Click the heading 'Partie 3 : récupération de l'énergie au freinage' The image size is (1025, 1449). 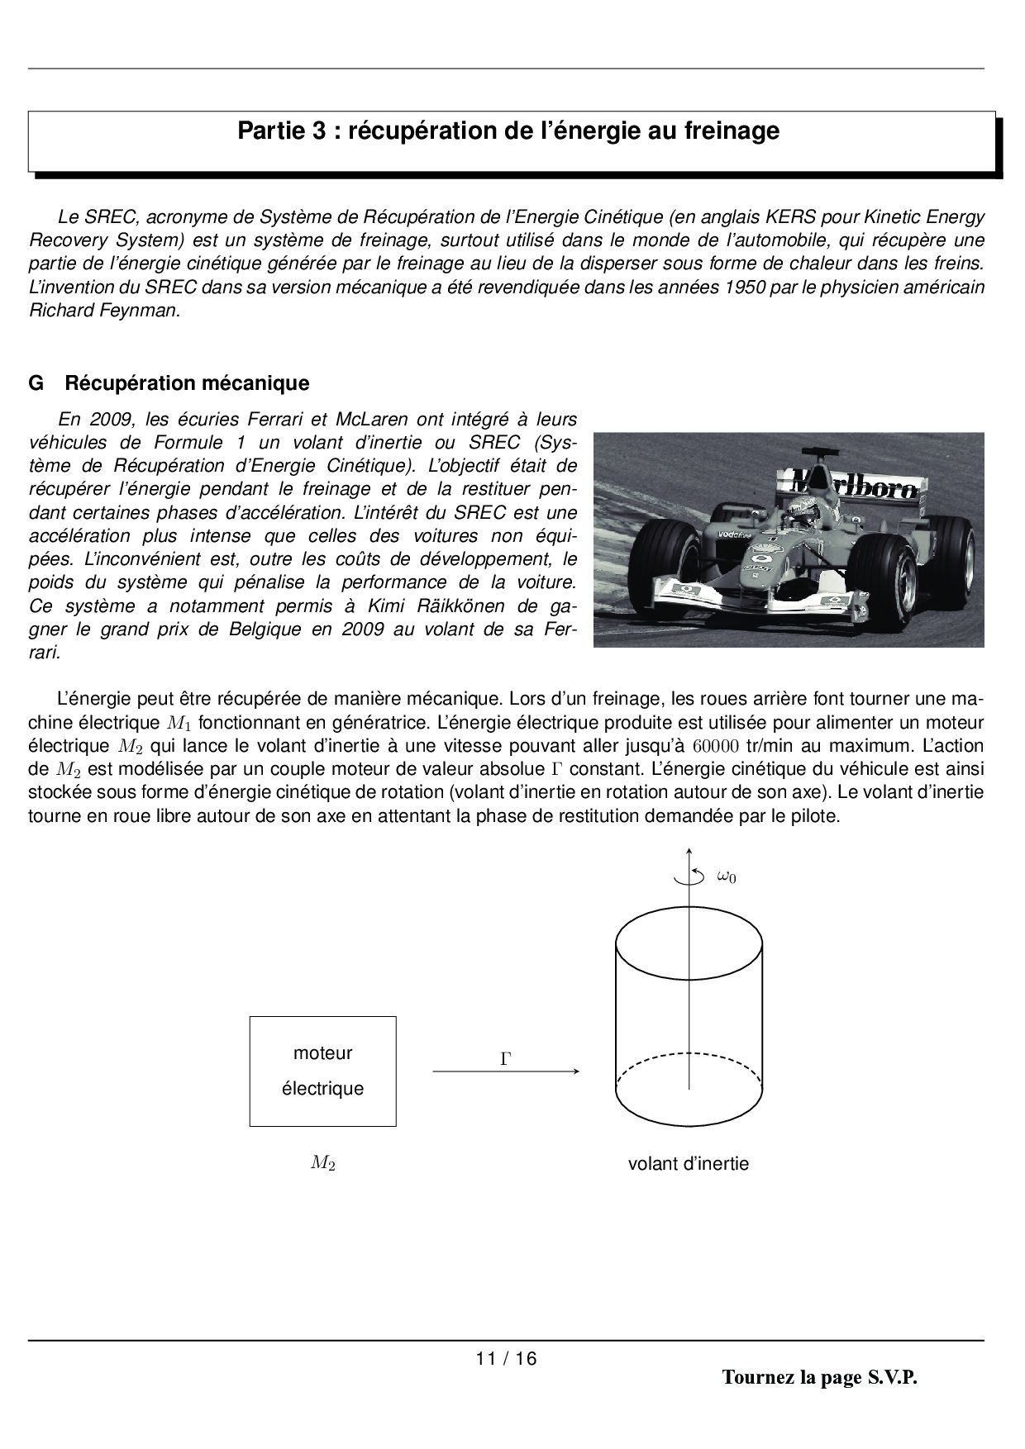[508, 131]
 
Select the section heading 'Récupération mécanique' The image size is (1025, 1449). [187, 383]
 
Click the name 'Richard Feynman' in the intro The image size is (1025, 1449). [104, 311]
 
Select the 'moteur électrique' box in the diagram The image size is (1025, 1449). [323, 1071]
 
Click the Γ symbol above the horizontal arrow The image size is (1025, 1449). [506, 1058]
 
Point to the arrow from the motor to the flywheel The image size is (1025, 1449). [506, 1071]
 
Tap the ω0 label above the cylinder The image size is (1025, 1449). [726, 877]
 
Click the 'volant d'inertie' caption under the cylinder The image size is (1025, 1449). [689, 1164]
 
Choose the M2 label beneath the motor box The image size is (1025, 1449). [323, 1164]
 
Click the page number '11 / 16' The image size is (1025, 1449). [506, 1358]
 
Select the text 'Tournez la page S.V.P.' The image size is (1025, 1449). [819, 1377]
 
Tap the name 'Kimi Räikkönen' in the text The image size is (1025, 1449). [436, 606]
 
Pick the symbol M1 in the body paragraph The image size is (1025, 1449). [180, 723]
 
